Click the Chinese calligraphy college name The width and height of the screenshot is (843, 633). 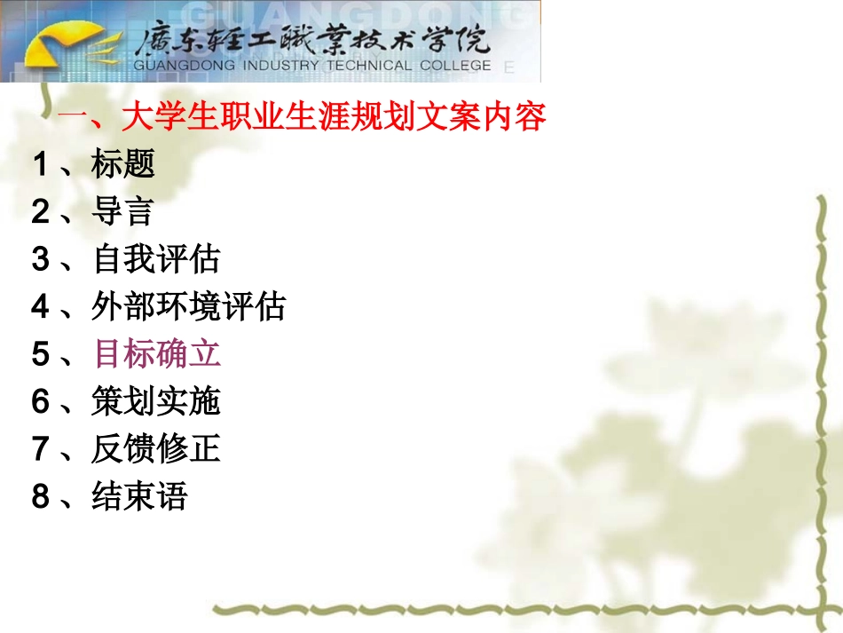click(311, 39)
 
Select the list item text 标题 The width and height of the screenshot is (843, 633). click(122, 163)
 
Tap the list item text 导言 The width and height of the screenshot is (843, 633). click(122, 211)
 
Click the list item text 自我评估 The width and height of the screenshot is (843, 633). click(155, 259)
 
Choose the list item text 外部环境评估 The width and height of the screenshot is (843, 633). click(188, 307)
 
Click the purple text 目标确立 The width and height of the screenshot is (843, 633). click(157, 354)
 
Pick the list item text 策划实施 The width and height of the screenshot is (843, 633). click(155, 402)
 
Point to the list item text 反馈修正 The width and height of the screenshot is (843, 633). click(155, 449)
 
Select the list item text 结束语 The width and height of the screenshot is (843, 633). click(139, 496)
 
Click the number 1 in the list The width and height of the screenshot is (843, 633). click(41, 164)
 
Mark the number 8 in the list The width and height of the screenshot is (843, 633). click(41, 497)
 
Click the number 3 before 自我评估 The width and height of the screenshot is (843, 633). click(41, 260)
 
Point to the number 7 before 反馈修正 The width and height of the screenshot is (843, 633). click(41, 450)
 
